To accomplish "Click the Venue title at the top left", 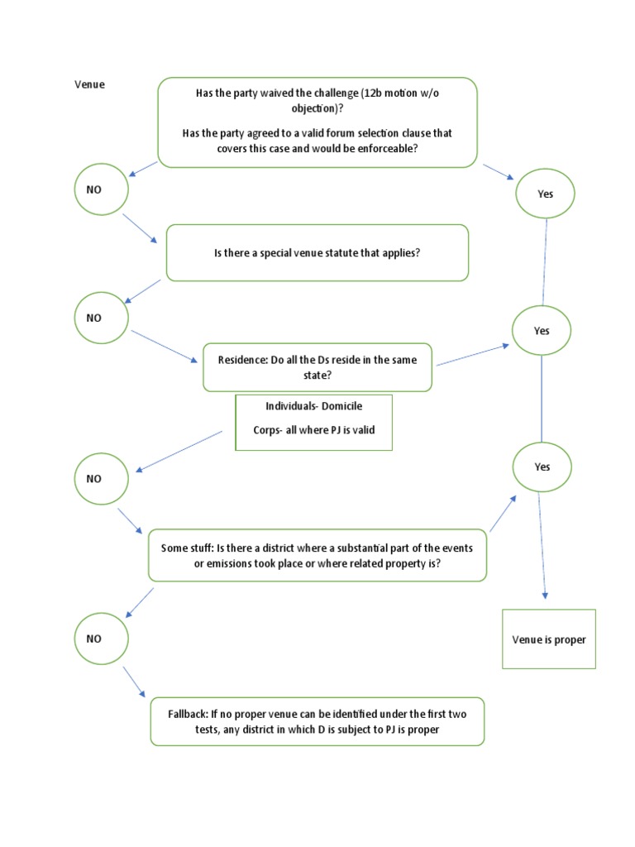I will click(x=90, y=84).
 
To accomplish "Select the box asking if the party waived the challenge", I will click(x=317, y=122).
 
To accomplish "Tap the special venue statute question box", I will click(x=317, y=252).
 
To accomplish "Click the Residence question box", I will click(x=317, y=367).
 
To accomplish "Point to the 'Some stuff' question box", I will click(x=317, y=555).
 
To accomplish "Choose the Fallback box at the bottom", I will click(x=317, y=721).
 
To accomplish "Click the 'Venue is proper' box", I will click(x=549, y=639).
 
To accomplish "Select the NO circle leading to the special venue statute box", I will click(x=102, y=189).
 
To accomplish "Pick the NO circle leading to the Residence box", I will click(x=102, y=318).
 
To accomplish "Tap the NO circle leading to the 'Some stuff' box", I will click(x=102, y=478).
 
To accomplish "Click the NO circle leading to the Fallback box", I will click(x=102, y=639).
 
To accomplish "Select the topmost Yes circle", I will click(x=545, y=194).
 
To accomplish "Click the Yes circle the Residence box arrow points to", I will click(x=542, y=331).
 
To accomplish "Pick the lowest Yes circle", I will click(x=542, y=467).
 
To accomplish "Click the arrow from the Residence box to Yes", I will click(x=472, y=355).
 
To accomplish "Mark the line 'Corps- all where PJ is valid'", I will click(x=313, y=431).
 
